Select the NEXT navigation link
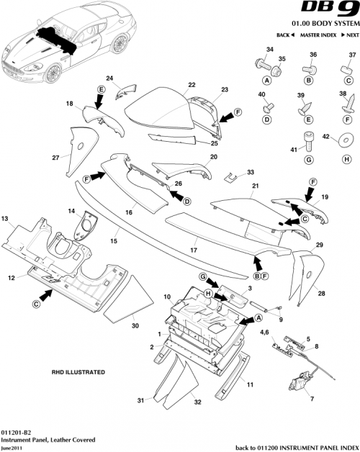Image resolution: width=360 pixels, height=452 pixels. tap(348, 35)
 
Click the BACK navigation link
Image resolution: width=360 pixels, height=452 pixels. tap(284, 35)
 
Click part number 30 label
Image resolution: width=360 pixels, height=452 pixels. tap(135, 326)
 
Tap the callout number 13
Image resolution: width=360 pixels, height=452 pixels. tap(5, 217)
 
